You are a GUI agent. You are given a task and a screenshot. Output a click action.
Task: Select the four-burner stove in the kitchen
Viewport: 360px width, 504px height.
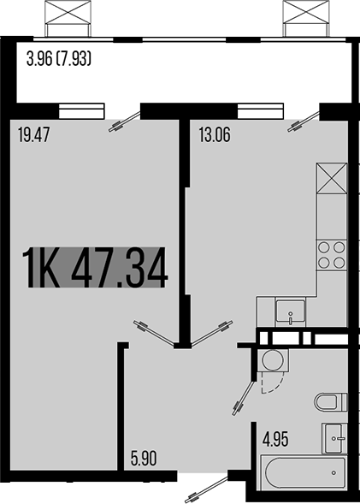[332, 255]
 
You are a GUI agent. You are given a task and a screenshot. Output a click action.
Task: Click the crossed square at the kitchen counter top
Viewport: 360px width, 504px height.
[331, 178]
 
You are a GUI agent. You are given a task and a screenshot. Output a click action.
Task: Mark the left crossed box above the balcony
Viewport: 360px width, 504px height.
[68, 16]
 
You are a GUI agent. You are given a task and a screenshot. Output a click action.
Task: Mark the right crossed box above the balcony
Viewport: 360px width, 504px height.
[306, 16]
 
